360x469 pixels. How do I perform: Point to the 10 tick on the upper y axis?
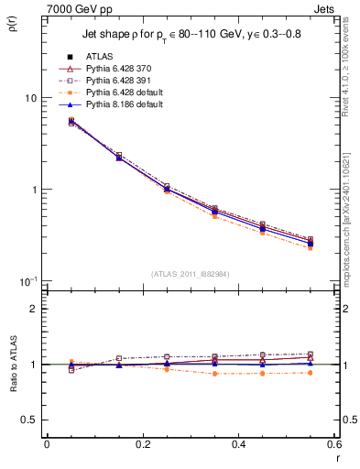tap(29, 98)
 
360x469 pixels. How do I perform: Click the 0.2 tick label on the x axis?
tap(142, 444)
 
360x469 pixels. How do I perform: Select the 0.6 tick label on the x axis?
tap(333, 444)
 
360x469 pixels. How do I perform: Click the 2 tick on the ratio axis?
tap(34, 309)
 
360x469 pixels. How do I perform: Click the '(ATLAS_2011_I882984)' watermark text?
tap(190, 274)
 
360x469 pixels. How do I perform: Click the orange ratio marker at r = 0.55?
tap(310, 373)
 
